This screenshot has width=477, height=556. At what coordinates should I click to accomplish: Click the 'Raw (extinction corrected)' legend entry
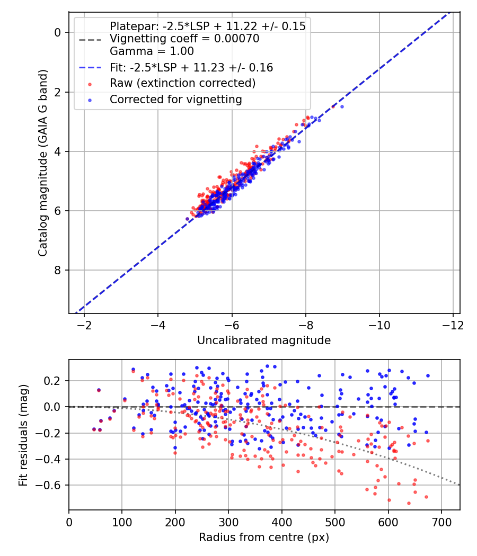182,83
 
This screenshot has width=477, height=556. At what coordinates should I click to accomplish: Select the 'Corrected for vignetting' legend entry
175,99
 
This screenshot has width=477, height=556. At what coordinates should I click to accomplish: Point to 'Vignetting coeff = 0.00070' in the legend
184,39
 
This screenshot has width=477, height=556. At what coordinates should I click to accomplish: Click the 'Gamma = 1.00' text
152,51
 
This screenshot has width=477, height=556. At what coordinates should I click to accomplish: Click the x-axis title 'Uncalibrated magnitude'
264,340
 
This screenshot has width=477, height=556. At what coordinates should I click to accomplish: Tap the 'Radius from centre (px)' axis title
264,537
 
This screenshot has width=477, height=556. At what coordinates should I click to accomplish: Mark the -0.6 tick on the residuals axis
51,485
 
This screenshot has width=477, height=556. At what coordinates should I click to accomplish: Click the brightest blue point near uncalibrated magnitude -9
342,106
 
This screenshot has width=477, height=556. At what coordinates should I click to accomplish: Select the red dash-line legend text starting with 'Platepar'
207,26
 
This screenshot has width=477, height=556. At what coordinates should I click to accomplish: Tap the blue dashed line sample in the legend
90,68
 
